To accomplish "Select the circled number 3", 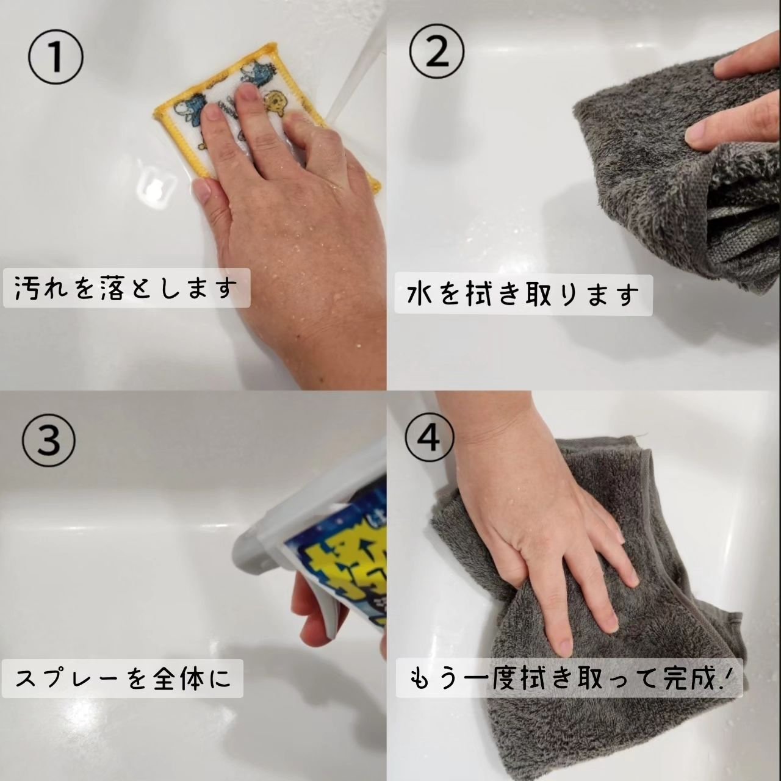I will coord(48,439).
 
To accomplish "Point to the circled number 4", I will coord(431,437).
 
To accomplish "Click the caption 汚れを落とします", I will coord(125,288).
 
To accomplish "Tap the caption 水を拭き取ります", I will coord(522,295).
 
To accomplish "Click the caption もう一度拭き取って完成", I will coord(569,678).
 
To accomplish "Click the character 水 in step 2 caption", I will coord(419,295).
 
